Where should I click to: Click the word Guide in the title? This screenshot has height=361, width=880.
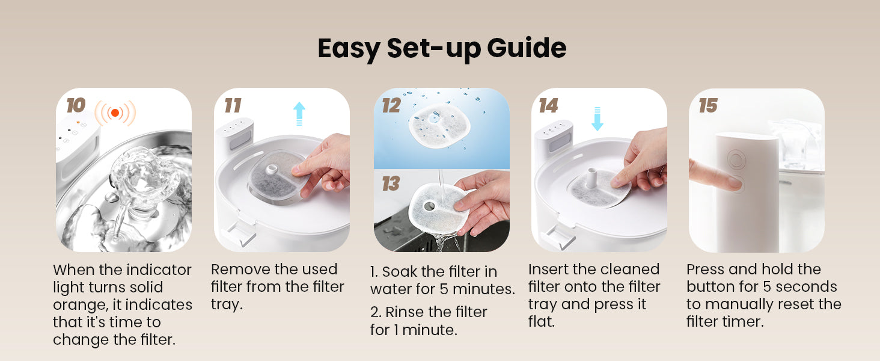coord(527,48)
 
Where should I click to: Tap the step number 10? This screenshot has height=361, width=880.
coord(76,105)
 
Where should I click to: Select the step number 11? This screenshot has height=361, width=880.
coord(233,105)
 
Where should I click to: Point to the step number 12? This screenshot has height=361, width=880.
coord(391,105)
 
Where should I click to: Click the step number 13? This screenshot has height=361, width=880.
coord(391,184)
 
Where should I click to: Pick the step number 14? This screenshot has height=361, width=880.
coord(548,105)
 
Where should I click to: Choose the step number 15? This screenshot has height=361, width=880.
coord(708,105)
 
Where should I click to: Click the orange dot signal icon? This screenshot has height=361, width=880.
coord(115,113)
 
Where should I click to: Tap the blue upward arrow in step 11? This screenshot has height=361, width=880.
coord(299,114)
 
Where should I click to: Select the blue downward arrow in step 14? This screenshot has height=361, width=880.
coord(597,119)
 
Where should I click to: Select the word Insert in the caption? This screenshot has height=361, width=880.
coord(548,270)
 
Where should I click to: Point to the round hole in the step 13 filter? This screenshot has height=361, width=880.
coord(429,205)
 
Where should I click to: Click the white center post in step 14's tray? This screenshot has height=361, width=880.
coord(591,178)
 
